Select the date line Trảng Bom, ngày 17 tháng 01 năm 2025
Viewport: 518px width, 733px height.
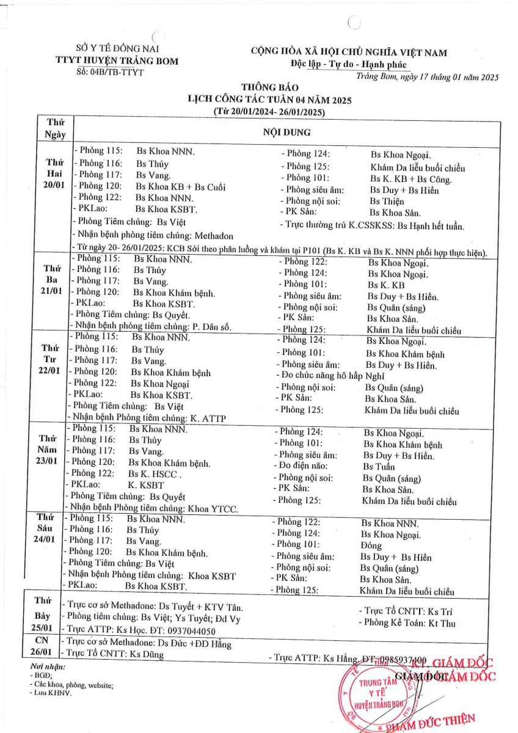pos(427,77)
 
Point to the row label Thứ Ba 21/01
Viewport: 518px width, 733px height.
pos(53,279)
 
